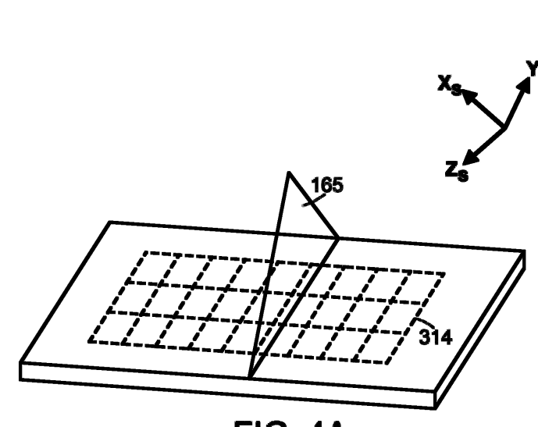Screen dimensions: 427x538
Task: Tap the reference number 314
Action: point(434,337)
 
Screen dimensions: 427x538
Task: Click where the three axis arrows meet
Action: point(504,127)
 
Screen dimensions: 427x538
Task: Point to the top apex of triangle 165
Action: point(290,173)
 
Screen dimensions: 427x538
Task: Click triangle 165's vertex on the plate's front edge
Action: point(250,377)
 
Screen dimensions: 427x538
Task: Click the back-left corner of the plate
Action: point(111,222)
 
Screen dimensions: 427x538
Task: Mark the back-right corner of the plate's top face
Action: point(521,253)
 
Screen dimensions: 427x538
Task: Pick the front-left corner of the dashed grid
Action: point(87,342)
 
